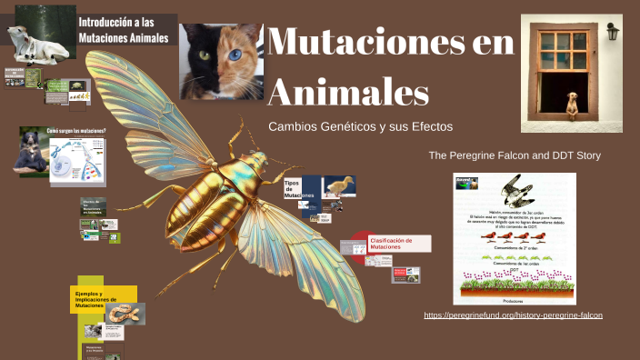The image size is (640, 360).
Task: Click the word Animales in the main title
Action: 349,91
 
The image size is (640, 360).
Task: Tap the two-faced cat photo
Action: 221,61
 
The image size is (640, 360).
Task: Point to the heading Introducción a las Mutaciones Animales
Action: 125,29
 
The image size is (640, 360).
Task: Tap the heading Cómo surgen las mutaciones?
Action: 76,131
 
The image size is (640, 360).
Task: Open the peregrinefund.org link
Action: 513,315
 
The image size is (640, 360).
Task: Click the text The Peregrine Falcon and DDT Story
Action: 515,155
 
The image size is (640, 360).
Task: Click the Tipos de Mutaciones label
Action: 295,189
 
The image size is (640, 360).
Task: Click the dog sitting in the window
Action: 573,104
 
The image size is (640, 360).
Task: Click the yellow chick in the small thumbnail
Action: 340,186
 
